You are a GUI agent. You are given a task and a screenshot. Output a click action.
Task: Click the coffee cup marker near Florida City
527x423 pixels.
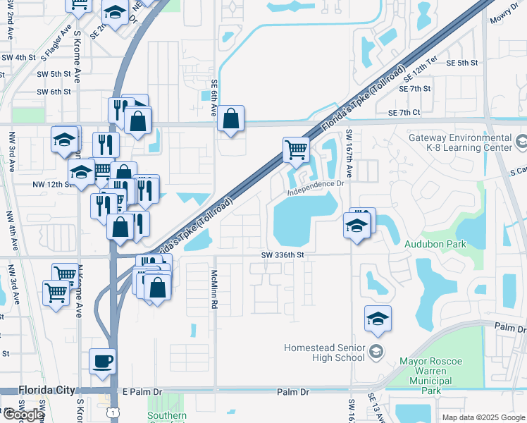pos(103,361)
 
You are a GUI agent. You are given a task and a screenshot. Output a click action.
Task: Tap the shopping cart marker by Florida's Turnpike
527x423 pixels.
pos(297,149)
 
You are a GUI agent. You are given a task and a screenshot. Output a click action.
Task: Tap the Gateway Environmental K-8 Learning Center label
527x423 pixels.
pos(460,143)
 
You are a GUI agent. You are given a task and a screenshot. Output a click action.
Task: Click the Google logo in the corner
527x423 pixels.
pos(23,415)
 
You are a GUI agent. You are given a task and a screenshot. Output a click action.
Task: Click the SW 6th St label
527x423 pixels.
pos(54,92)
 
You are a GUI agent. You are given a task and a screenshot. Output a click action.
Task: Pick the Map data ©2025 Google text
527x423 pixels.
pos(483,417)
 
